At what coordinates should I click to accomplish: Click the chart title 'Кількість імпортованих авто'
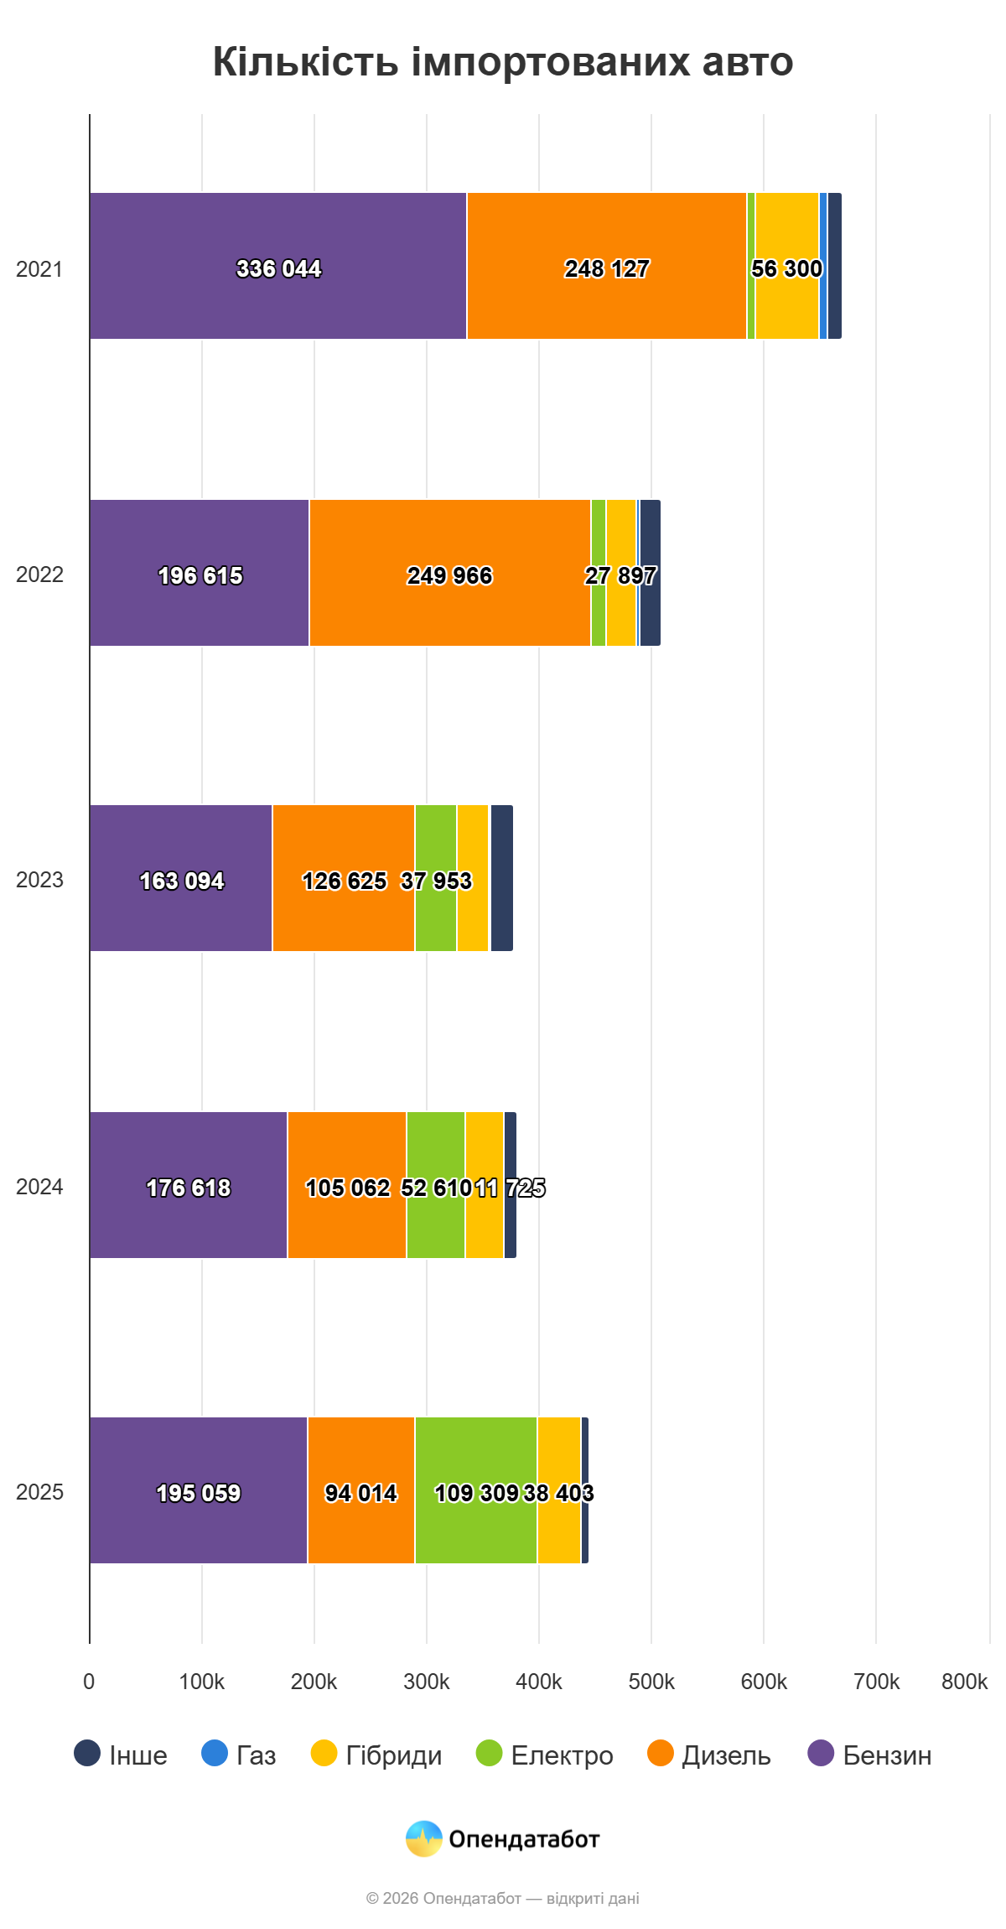pos(503,61)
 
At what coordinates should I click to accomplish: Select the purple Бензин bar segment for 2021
pos(278,266)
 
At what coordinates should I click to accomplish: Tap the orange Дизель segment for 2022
pos(450,573)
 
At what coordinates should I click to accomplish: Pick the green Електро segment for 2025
pos(476,1490)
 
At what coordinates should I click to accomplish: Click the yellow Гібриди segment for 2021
pos(787,266)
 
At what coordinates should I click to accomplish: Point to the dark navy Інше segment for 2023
pos(502,878)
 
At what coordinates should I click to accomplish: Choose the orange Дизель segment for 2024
pos(347,1185)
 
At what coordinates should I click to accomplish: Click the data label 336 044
pos(279,268)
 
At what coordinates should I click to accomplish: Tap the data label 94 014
pos(361,1493)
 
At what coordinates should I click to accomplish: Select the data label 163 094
pos(182,881)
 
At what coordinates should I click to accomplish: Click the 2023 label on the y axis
pos(39,880)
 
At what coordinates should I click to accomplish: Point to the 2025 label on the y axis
pos(39,1492)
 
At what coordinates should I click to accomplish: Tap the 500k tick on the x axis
pos(651,1682)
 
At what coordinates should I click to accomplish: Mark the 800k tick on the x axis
pos(965,1682)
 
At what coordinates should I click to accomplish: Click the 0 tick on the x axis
pos(89,1682)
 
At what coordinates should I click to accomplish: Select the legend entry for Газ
pos(239,1755)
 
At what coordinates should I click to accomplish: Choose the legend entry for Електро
pos(544,1755)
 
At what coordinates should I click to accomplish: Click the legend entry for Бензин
pos(869,1755)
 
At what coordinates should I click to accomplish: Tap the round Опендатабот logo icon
pos(424,1839)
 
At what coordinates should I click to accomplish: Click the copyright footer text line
pos(503,1898)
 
